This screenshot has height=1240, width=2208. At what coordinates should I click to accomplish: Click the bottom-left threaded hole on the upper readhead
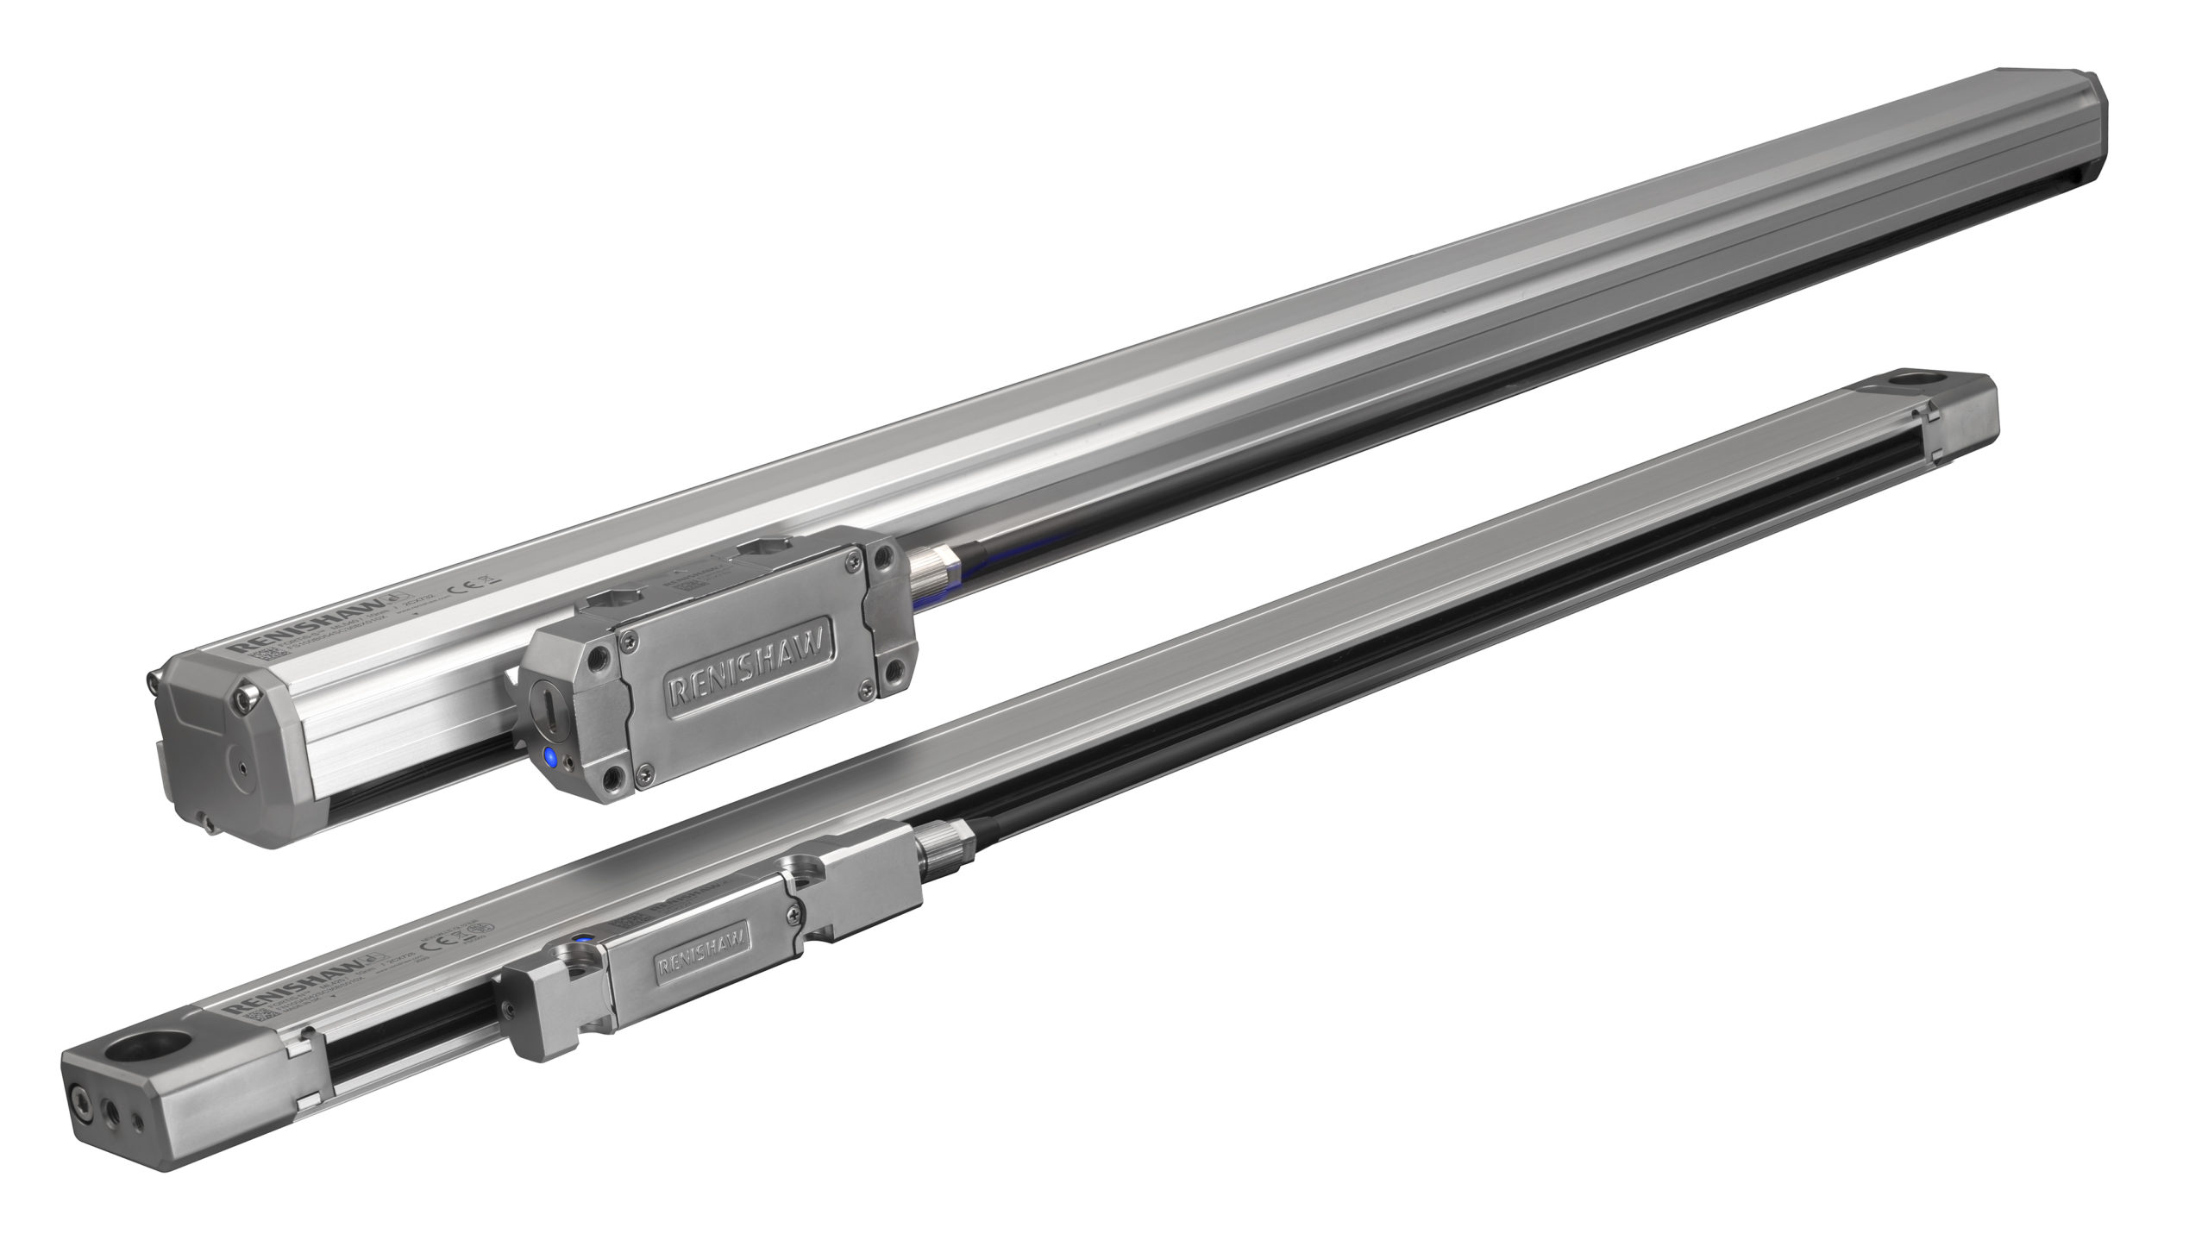pyautogui.click(x=614, y=782)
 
